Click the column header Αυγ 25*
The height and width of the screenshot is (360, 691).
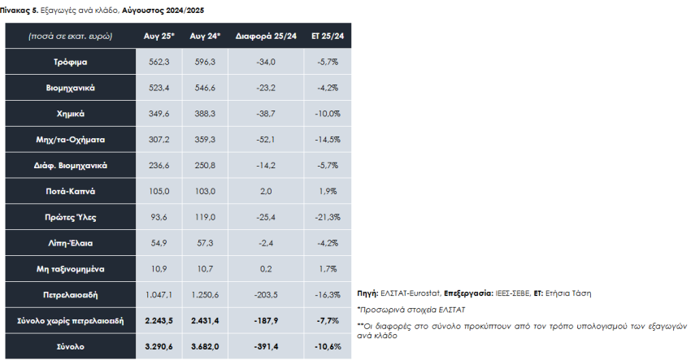(x=159, y=37)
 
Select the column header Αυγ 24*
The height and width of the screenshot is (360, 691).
(x=204, y=37)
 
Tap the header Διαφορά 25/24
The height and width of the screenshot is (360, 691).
(x=266, y=37)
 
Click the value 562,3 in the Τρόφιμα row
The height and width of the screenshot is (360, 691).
(x=159, y=62)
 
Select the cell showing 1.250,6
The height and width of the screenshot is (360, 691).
(x=204, y=294)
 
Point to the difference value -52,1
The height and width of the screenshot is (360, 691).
(x=266, y=140)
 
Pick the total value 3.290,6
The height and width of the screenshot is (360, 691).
(x=159, y=346)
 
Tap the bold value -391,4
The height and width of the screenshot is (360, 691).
(x=266, y=346)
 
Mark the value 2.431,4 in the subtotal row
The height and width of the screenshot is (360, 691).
(x=204, y=320)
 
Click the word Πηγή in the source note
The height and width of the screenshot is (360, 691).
(x=367, y=292)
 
